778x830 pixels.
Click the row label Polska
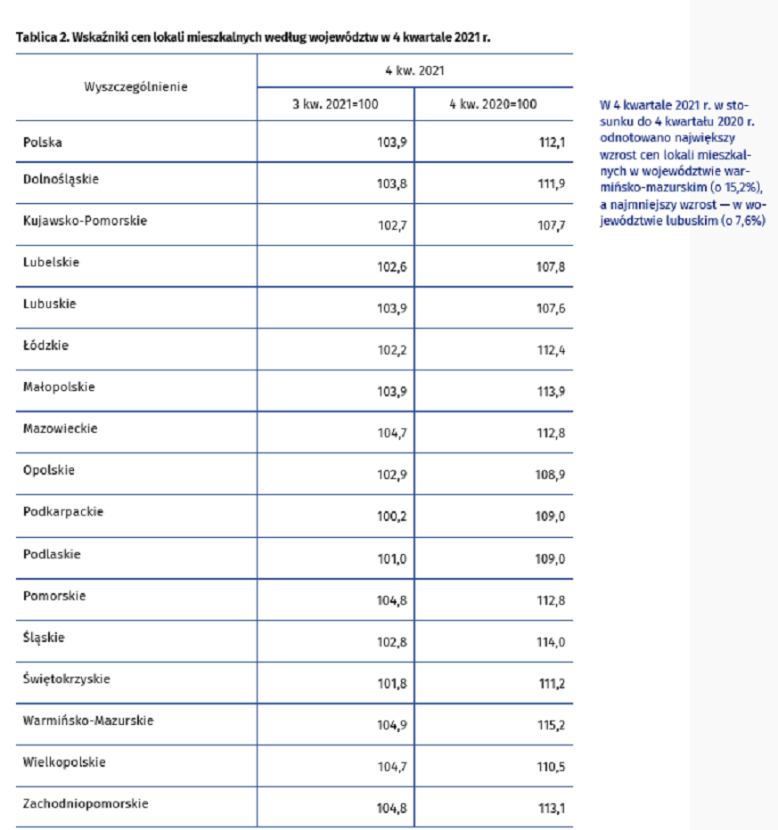click(43, 142)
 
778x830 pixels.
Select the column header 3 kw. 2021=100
click(335, 104)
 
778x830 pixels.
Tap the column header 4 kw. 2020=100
click(493, 104)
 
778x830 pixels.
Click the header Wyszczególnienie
click(135, 86)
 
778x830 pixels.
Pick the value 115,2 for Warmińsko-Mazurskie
click(550, 726)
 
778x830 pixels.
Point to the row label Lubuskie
click(50, 304)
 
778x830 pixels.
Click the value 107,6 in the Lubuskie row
click(550, 309)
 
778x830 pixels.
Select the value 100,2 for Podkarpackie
click(392, 517)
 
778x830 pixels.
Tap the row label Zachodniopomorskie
click(86, 803)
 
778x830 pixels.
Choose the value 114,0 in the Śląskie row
click(550, 642)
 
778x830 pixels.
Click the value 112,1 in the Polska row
click(551, 142)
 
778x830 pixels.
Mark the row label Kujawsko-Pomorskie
click(85, 221)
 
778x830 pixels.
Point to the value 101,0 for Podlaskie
click(392, 559)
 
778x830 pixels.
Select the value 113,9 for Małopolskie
click(550, 393)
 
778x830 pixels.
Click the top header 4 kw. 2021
click(414, 69)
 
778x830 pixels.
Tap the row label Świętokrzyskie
click(67, 679)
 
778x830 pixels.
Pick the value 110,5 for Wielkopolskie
click(550, 768)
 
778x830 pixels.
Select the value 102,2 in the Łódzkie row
click(392, 351)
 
